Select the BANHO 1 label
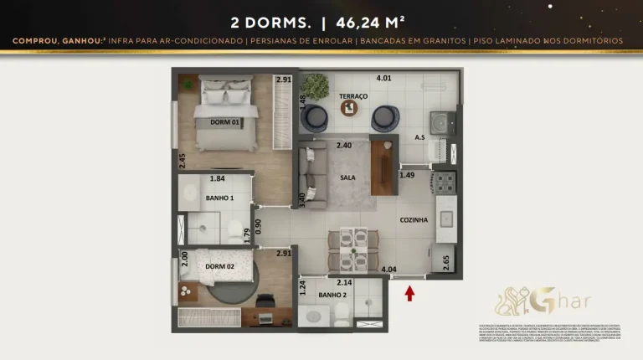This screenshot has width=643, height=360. tap(219, 198)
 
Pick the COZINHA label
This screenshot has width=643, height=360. tap(414, 219)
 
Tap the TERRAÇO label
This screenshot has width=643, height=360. tap(353, 96)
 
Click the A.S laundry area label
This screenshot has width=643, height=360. tap(419, 138)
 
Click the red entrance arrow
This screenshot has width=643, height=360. tap(409, 293)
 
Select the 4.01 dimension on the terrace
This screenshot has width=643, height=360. tap(383, 78)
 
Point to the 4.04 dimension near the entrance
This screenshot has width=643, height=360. tap(388, 270)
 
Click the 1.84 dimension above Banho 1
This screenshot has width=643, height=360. tap(217, 178)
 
